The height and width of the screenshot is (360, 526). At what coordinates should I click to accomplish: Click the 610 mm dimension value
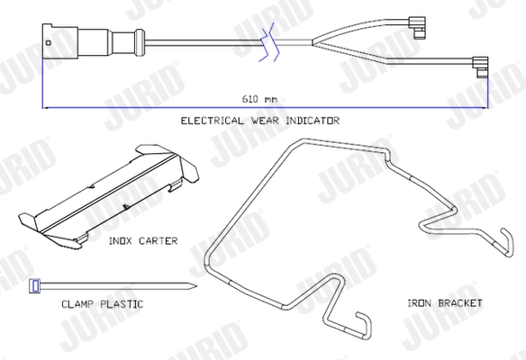pos(259,99)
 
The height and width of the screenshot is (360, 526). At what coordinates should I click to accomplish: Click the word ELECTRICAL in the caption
pos(212,121)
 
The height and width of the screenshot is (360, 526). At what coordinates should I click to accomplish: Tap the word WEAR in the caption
pos(265,121)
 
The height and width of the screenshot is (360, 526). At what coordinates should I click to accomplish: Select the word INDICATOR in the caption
pos(313,121)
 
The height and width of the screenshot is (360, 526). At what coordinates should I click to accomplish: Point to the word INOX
pos(121,241)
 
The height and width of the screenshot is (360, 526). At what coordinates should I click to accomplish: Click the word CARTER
pos(158,241)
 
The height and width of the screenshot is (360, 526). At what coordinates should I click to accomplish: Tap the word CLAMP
pos(77,304)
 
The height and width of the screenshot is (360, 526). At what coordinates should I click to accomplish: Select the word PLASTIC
pos(122,304)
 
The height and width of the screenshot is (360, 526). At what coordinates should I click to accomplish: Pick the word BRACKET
pos(460,303)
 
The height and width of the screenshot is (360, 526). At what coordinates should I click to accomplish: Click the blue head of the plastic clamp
pos(34,286)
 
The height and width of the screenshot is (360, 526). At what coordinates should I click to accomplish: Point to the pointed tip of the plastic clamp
pos(196,286)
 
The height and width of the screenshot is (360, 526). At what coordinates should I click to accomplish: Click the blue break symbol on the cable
pos(269,42)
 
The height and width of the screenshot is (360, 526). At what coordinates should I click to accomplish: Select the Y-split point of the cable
pos(313,42)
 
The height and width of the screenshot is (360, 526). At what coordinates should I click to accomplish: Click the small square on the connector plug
pos(49,42)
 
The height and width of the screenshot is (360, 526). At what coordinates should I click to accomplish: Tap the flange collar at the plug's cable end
pos(140,42)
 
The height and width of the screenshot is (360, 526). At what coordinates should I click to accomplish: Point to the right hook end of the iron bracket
pos(508,242)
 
